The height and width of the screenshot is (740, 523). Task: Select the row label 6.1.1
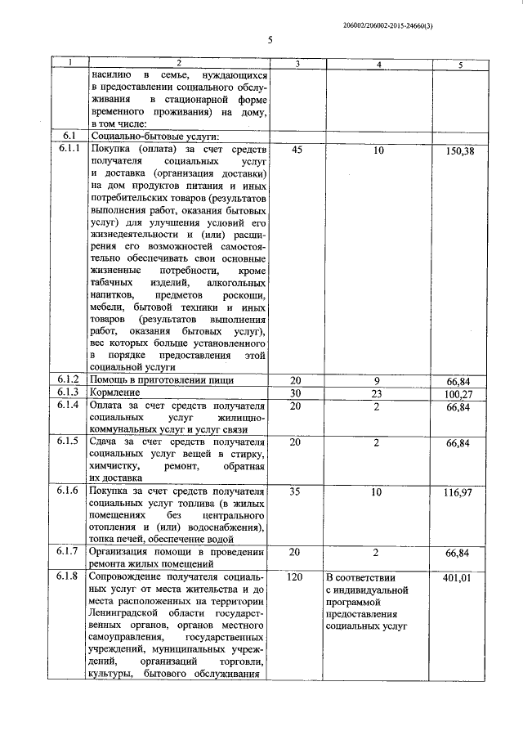tap(70, 149)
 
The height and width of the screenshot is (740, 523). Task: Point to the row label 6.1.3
tap(70, 392)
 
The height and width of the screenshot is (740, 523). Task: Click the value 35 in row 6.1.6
tap(297, 494)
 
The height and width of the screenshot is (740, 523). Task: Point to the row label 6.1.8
tap(70, 577)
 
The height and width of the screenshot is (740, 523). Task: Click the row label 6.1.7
tap(70, 551)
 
